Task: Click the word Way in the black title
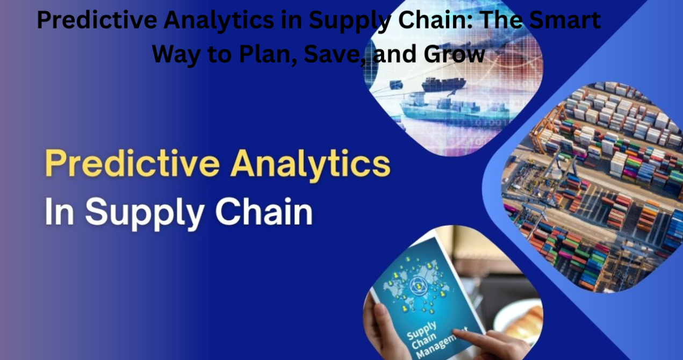[176, 55]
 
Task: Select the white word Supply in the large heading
[145, 212]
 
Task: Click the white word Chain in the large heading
[264, 210]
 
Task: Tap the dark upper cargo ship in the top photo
[444, 84]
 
